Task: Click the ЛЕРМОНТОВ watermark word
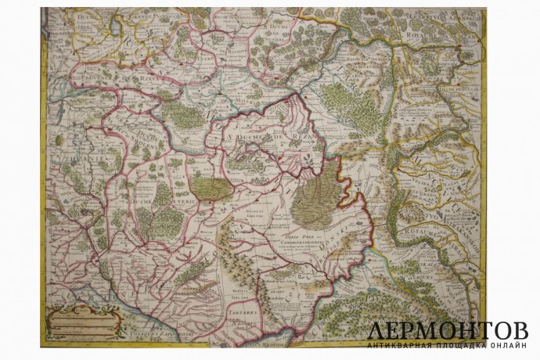pos(448,329)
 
